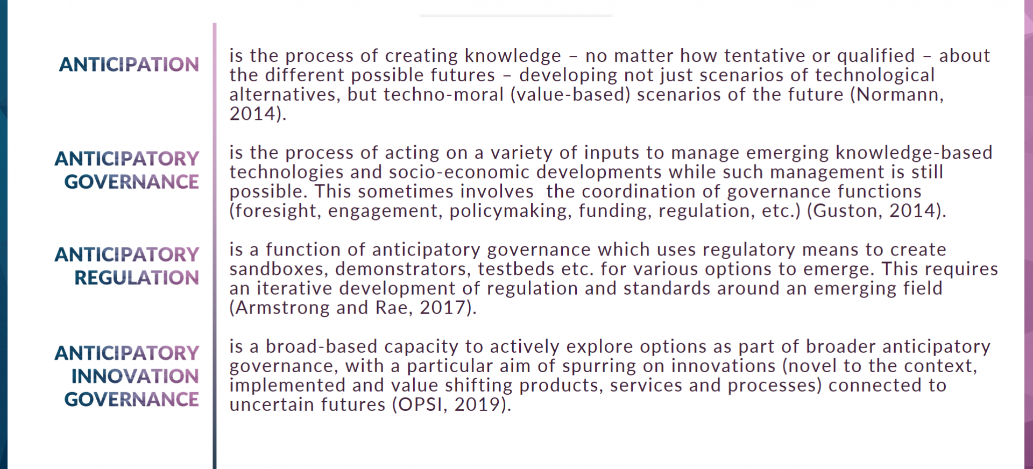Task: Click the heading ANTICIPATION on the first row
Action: tap(129, 65)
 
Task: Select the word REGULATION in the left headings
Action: tap(137, 278)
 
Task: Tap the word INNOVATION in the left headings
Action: tap(135, 376)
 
